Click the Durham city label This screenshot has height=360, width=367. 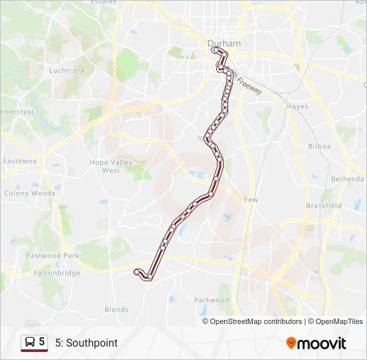pos(223,44)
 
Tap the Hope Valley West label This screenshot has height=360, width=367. pos(111,166)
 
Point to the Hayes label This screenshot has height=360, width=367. pos(297,107)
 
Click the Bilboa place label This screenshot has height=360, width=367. pos(320,146)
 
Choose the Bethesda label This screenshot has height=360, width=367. pos(349,179)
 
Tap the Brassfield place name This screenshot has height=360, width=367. pos(324,206)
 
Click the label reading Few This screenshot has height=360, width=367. pos(251,200)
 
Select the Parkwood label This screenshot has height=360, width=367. pos(212,300)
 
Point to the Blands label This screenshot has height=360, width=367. pos(116,309)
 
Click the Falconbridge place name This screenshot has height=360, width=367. pos(57,273)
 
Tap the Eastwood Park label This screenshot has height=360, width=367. pos(53,255)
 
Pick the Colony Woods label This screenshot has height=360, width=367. pos(29,193)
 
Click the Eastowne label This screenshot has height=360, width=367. pos(20,161)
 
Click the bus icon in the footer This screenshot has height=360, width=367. pos(29,343)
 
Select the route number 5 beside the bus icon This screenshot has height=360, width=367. pos(42,342)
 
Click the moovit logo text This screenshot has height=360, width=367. pos(322,343)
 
